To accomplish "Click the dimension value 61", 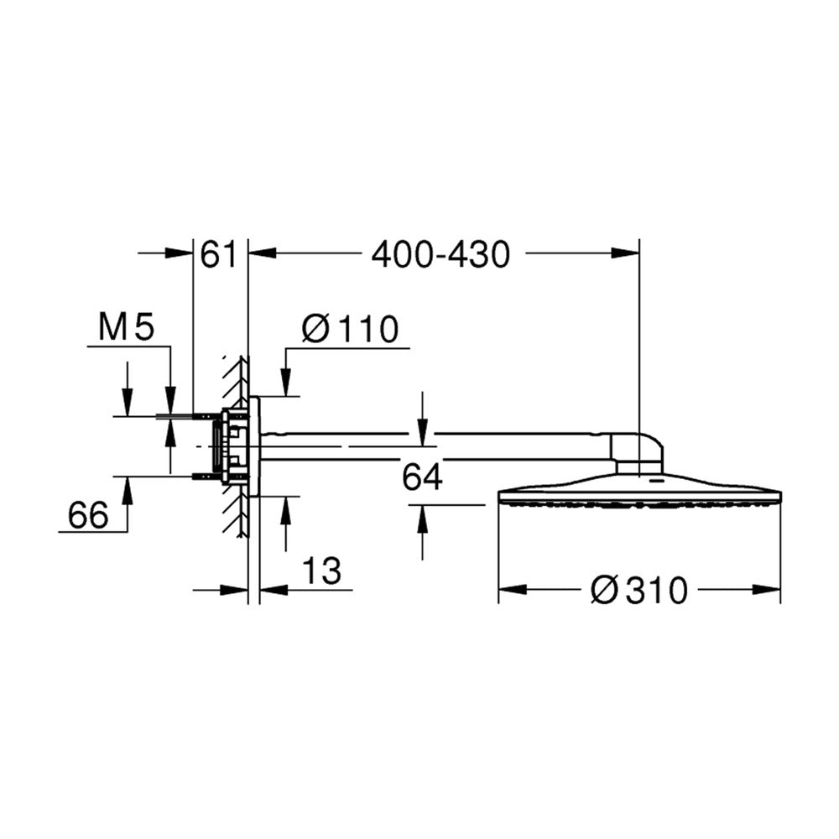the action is click(218, 254).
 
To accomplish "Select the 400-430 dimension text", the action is click(441, 254).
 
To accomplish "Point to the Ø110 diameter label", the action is click(351, 328).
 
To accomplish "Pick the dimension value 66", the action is click(88, 515).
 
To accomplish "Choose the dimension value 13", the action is click(321, 570).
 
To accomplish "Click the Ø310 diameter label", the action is click(638, 590).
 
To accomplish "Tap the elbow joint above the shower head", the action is click(637, 448).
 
